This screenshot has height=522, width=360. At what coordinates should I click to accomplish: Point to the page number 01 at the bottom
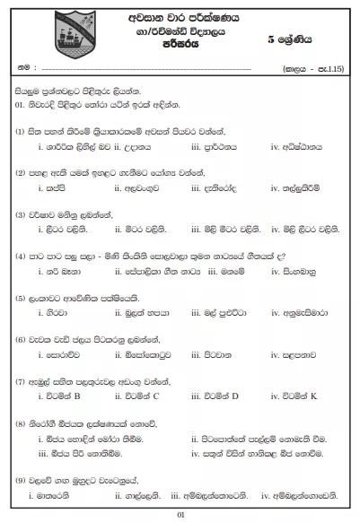click(180, 513)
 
